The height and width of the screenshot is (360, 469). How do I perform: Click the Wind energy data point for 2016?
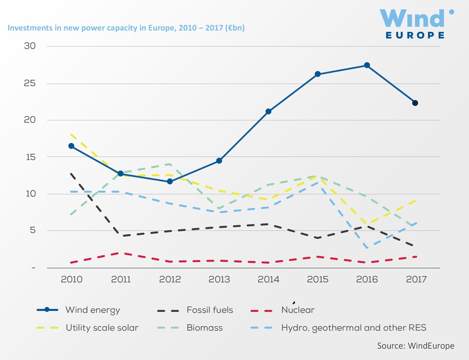pyautogui.click(x=367, y=65)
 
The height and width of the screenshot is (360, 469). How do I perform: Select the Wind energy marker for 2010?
pyautogui.click(x=71, y=146)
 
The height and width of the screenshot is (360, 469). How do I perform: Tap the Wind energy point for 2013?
pyautogui.click(x=219, y=161)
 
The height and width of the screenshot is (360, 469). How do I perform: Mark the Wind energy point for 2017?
pyautogui.click(x=415, y=103)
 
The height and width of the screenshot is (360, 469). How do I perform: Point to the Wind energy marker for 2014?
pyautogui.click(x=268, y=112)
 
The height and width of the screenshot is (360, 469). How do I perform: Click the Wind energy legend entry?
pyautogui.click(x=92, y=310)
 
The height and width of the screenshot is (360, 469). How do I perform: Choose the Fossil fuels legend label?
pyautogui.click(x=210, y=310)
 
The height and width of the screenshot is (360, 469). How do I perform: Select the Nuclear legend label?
pyautogui.click(x=298, y=310)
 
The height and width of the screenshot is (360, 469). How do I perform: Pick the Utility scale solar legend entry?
pyautogui.click(x=102, y=328)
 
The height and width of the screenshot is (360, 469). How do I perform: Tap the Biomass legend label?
pyautogui.click(x=204, y=328)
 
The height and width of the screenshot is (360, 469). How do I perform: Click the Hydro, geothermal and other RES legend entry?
pyautogui.click(x=354, y=328)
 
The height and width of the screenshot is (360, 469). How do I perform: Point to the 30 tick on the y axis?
pyautogui.click(x=30, y=46)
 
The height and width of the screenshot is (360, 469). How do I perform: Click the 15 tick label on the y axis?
pyautogui.click(x=30, y=157)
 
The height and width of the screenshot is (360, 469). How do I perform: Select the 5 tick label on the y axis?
pyautogui.click(x=33, y=231)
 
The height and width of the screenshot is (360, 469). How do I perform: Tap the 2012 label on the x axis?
pyautogui.click(x=170, y=279)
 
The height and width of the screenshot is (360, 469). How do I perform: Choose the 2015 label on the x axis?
pyautogui.click(x=317, y=279)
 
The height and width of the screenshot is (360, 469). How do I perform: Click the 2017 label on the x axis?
pyautogui.click(x=416, y=279)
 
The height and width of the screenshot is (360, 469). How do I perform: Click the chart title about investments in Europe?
pyautogui.click(x=126, y=28)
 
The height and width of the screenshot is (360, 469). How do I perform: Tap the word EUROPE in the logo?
pyautogui.click(x=415, y=35)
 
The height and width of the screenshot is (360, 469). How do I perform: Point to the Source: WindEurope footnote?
pyautogui.click(x=416, y=346)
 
